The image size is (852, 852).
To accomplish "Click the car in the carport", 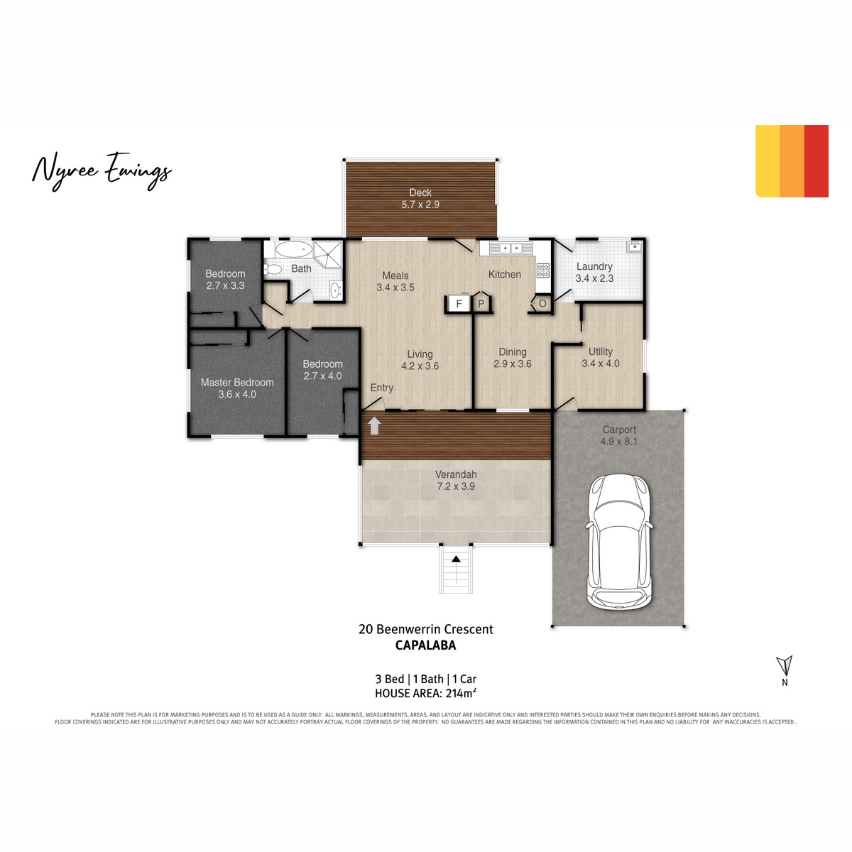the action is click(618, 542).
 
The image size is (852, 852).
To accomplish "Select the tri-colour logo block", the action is click(792, 161).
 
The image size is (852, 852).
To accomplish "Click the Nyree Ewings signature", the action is click(102, 172).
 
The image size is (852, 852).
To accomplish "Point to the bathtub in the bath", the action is click(293, 249).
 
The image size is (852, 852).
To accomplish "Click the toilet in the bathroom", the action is click(273, 269).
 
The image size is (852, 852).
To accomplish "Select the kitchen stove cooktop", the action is click(543, 270).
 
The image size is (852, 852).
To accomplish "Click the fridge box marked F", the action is click(459, 304).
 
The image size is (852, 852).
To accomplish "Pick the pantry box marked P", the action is click(481, 304).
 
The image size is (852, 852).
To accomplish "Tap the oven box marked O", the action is click(542, 304).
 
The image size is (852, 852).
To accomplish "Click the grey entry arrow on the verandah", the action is click(374, 425).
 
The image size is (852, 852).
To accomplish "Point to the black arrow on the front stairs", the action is click(456, 559).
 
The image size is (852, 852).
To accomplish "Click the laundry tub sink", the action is click(635, 246).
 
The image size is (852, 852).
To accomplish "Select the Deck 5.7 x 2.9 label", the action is click(420, 199).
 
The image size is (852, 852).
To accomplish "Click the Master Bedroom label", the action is click(237, 383).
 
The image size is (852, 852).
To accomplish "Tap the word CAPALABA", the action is click(425, 645).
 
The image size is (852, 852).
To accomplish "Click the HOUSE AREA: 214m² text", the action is click(425, 693).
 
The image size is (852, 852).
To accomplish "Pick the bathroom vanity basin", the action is click(336, 290).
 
